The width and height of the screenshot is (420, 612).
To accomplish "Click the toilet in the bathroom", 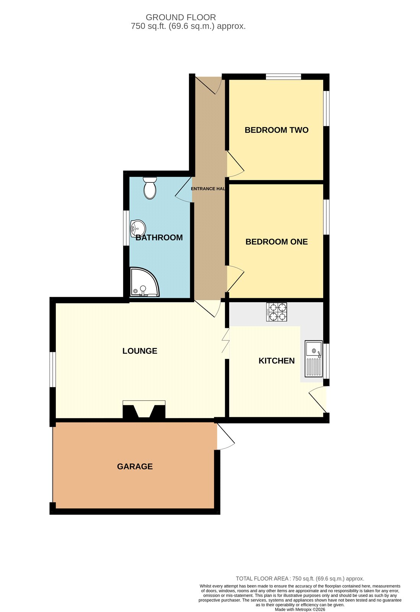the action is [x=150, y=188].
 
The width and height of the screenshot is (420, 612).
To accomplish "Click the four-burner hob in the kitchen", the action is [x=277, y=312].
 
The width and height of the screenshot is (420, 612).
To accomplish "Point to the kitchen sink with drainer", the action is [x=314, y=359].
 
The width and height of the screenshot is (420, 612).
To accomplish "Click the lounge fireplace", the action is [x=144, y=409].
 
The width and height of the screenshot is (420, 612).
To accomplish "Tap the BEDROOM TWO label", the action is [x=277, y=130].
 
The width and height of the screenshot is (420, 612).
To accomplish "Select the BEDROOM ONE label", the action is [x=277, y=242].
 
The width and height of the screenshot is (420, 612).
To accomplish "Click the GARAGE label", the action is [x=135, y=466].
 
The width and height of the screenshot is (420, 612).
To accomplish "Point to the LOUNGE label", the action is [x=140, y=351].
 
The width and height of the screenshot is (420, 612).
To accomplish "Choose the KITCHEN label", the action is [x=277, y=361].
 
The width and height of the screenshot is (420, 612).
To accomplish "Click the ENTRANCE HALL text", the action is [x=208, y=189].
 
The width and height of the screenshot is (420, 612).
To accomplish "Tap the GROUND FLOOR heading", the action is [x=181, y=18].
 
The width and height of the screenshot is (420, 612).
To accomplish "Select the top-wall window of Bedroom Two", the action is [x=283, y=76].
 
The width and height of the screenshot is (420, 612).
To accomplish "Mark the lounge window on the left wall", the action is [x=52, y=369].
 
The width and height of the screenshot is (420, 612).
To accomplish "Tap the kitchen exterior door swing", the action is [x=317, y=399].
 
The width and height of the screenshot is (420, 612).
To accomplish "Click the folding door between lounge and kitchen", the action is [x=226, y=343].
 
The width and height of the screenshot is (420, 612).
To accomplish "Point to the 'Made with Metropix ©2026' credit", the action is [x=300, y=610].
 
